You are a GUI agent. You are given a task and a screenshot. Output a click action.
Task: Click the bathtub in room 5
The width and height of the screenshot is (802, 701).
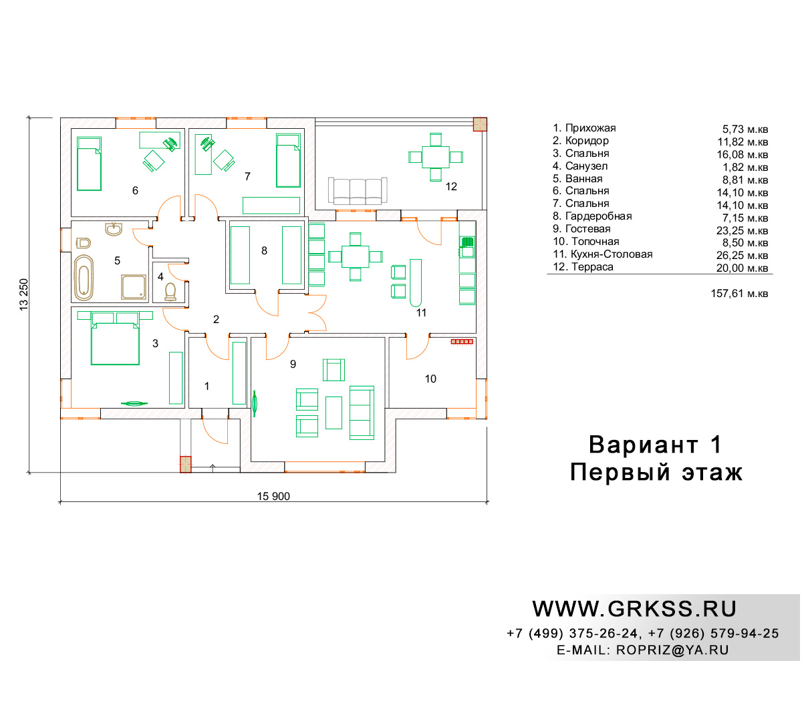(x=84, y=278)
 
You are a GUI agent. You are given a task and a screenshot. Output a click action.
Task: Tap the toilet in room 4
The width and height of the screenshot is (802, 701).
(x=170, y=292)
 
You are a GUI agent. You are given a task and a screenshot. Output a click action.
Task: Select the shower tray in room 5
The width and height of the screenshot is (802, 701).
(x=134, y=287)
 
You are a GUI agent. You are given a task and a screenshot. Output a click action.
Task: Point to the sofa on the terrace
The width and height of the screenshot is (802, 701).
(x=358, y=191)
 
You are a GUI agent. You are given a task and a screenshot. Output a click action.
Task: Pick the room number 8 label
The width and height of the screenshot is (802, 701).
(x=264, y=250)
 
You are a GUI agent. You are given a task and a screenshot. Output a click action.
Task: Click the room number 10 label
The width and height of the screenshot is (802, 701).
(x=430, y=379)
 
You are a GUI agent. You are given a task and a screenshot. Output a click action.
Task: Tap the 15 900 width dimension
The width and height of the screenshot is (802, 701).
(x=273, y=496)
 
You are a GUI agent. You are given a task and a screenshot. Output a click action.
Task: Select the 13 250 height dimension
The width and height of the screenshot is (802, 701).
(x=24, y=294)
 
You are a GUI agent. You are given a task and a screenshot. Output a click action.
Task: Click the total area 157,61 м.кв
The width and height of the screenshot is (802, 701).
(x=739, y=293)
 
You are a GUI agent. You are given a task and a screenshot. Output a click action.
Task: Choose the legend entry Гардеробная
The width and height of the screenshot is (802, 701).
(x=598, y=216)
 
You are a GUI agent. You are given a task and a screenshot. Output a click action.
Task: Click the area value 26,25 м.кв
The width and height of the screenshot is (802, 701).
(x=742, y=255)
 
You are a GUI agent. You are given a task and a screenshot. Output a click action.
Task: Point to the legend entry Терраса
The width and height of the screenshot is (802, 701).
(x=592, y=266)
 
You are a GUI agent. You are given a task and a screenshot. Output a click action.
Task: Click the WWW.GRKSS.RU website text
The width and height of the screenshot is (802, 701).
(x=634, y=609)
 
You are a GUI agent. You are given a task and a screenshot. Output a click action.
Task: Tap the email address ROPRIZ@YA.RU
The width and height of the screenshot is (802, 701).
(x=672, y=650)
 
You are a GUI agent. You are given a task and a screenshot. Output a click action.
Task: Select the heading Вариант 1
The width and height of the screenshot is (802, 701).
(x=656, y=445)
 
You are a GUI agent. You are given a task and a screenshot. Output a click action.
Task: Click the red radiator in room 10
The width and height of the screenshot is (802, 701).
(x=462, y=342)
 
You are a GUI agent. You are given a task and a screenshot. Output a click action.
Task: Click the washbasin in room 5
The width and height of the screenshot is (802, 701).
(x=114, y=229)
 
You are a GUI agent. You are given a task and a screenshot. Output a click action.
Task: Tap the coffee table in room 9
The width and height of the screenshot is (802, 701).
(x=333, y=413)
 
